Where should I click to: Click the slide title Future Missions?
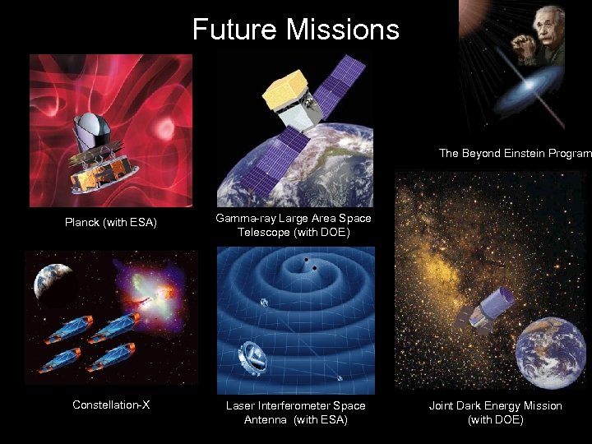295,30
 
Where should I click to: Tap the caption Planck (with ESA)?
111,222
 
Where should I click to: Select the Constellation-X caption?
111,405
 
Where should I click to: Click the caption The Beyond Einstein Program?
515,153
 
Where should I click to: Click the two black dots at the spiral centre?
310,264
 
